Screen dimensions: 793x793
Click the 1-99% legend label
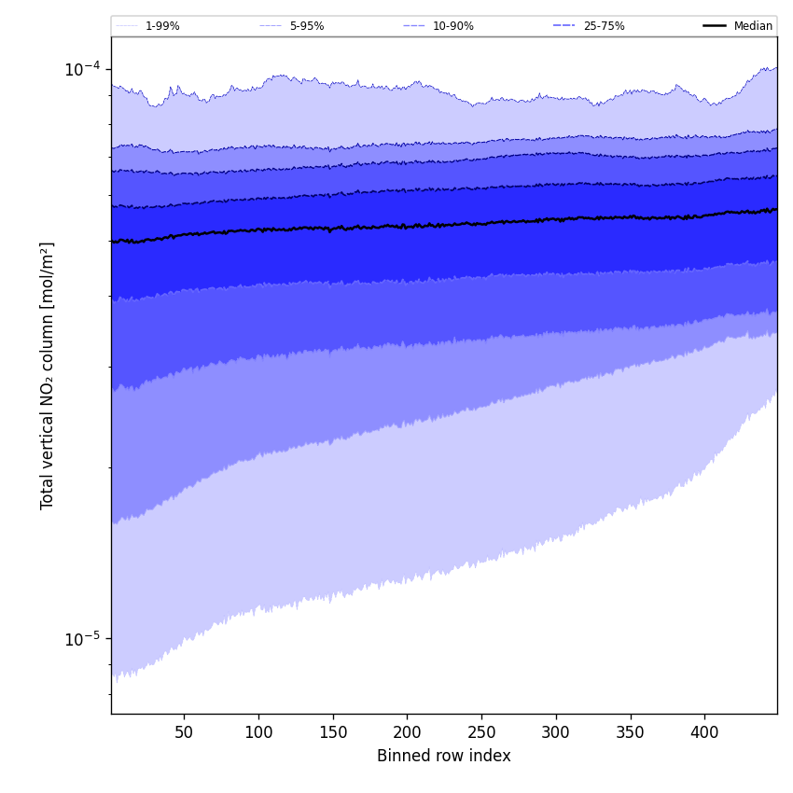(162, 26)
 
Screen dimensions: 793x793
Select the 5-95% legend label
(307, 26)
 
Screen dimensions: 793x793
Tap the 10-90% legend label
(452, 26)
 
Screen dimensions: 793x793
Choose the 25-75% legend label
(604, 26)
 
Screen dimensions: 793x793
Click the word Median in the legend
(753, 26)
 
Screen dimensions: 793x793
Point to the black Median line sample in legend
(715, 26)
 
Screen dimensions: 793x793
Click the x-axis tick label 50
(184, 732)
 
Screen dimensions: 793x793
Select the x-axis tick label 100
(258, 732)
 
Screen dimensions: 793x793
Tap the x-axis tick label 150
(333, 732)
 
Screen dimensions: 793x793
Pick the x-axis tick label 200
(407, 732)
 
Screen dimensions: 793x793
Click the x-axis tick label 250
(481, 732)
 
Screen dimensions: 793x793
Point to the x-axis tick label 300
(556, 732)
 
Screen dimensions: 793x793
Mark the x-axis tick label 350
(630, 732)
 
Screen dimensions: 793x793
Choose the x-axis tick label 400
(704, 732)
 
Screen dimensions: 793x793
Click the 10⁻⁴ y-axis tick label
(82, 68)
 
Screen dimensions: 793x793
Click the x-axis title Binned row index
(444, 756)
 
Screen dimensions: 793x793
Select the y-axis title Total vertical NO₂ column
(48, 375)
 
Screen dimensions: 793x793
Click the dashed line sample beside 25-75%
(564, 26)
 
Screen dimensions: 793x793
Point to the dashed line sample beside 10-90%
(414, 26)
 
